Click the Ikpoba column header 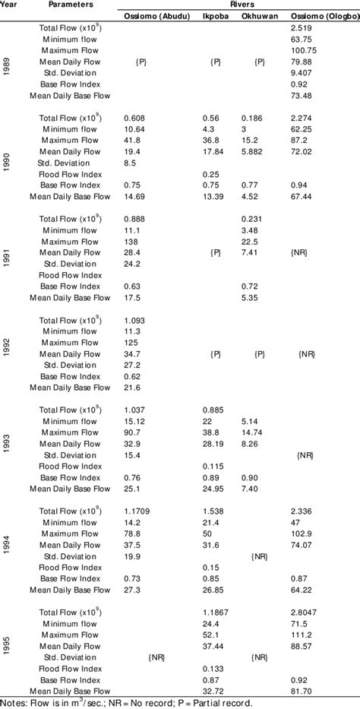click(x=213, y=15)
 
